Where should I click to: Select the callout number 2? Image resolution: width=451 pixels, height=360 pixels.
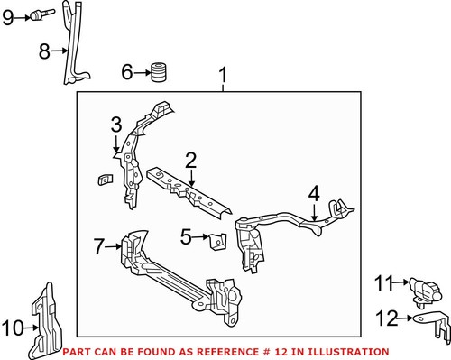[x=190, y=160]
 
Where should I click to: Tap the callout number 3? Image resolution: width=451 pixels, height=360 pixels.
[x=115, y=124]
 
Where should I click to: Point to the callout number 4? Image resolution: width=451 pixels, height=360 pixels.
[x=313, y=192]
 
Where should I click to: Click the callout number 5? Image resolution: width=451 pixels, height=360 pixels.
[x=185, y=237]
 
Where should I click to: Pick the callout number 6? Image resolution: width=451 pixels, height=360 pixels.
[x=127, y=71]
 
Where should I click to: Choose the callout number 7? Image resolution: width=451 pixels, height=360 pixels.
[x=100, y=245]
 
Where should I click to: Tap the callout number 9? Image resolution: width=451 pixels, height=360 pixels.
[x=8, y=15]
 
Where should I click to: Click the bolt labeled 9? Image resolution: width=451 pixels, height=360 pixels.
[x=41, y=14]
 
